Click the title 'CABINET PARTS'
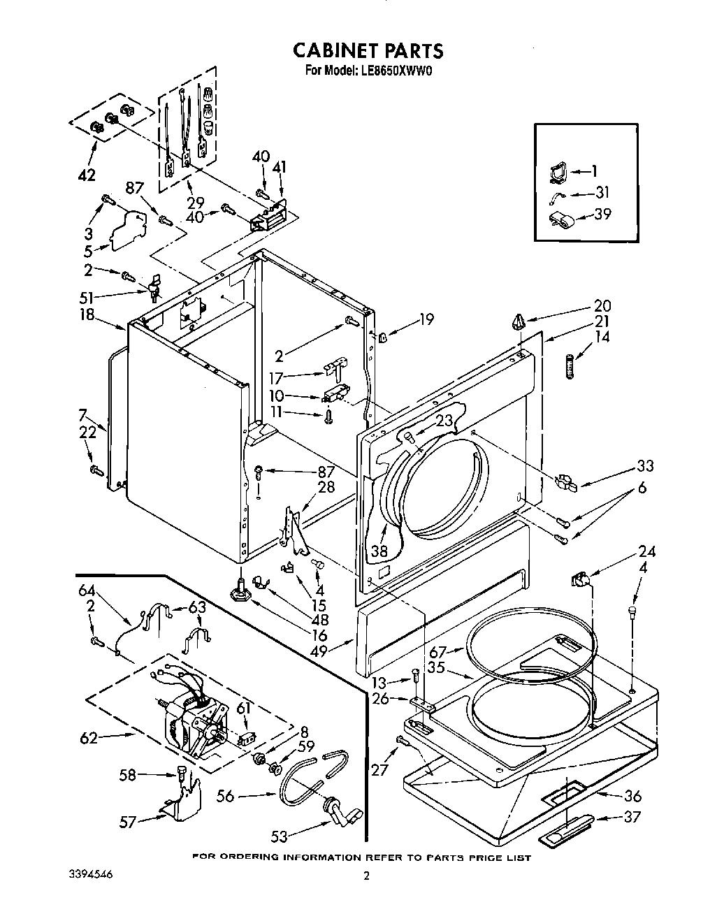[367, 50]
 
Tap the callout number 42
[87, 175]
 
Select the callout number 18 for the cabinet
[87, 314]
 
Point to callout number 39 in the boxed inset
[602, 214]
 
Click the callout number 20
[602, 305]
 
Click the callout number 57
[126, 822]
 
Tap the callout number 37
[631, 816]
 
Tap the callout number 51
[87, 296]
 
